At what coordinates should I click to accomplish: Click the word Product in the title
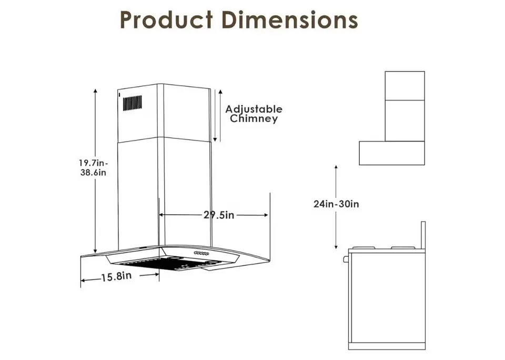point(166,20)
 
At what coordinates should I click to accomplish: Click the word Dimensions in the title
point(290,20)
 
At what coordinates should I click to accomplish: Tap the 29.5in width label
point(218,215)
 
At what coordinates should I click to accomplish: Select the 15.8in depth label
point(116,276)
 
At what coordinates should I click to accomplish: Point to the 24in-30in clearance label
point(336,204)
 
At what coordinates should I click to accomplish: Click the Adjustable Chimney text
point(254,114)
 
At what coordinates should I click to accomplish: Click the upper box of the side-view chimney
point(405,86)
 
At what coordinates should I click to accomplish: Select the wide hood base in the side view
point(392,153)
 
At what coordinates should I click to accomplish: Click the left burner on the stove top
point(363,248)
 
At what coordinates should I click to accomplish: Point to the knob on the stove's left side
point(346,259)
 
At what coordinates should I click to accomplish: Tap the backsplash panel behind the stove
point(423,235)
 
